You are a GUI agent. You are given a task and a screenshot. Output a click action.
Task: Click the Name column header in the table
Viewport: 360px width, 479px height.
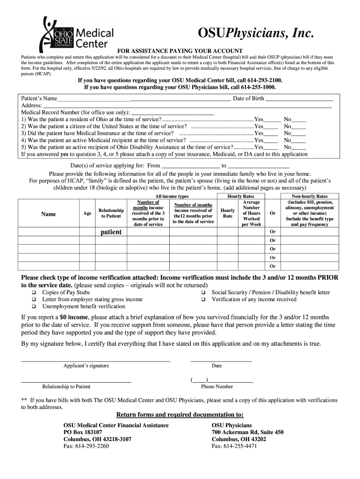(49, 214)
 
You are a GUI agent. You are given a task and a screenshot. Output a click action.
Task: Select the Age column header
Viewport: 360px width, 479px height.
(87, 213)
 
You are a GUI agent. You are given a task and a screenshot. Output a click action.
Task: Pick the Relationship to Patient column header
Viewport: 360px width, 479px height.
(111, 213)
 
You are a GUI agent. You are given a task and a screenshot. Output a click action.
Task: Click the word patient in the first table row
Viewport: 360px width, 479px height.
(111, 232)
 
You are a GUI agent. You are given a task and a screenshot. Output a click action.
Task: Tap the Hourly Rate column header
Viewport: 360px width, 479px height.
(228, 213)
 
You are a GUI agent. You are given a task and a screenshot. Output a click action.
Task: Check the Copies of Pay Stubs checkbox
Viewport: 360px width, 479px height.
(34, 293)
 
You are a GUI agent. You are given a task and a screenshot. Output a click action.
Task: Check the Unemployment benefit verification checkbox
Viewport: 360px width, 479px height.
(34, 307)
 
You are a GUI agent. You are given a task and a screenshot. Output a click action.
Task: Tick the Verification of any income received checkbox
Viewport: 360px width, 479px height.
(204, 300)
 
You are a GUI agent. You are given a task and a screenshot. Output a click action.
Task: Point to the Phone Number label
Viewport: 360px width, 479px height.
(217, 386)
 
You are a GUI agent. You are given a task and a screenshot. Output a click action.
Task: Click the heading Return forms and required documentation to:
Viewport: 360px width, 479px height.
(180, 415)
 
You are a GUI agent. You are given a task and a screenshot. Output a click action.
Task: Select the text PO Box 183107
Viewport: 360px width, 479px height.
(83, 433)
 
